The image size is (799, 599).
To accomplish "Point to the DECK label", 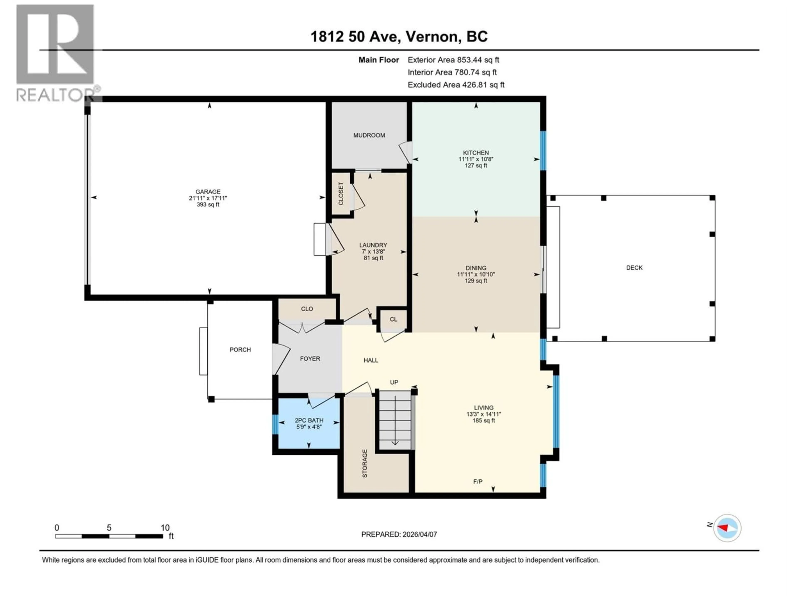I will click(x=634, y=267).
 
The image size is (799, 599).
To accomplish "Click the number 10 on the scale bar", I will click(x=165, y=527).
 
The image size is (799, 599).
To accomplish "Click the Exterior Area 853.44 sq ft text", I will click(x=453, y=60).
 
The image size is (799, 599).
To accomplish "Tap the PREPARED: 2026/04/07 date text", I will click(x=399, y=534).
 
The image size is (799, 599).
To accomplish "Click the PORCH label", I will click(x=240, y=349).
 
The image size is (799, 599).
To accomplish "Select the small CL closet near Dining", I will click(x=393, y=319).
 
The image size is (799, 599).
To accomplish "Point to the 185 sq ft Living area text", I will click(x=483, y=421).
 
